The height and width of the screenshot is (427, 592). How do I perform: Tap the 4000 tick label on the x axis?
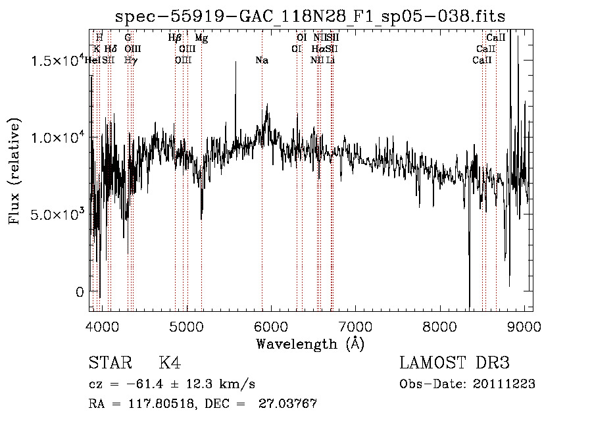[102, 326]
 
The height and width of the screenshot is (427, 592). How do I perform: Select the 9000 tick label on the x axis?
[524, 326]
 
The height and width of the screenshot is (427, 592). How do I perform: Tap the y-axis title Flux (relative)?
[14, 170]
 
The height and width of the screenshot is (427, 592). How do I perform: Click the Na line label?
[262, 61]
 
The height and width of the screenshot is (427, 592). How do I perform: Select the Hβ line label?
[174, 38]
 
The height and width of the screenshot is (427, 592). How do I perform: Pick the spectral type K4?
[170, 363]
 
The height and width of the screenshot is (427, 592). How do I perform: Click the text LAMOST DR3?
[455, 363]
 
